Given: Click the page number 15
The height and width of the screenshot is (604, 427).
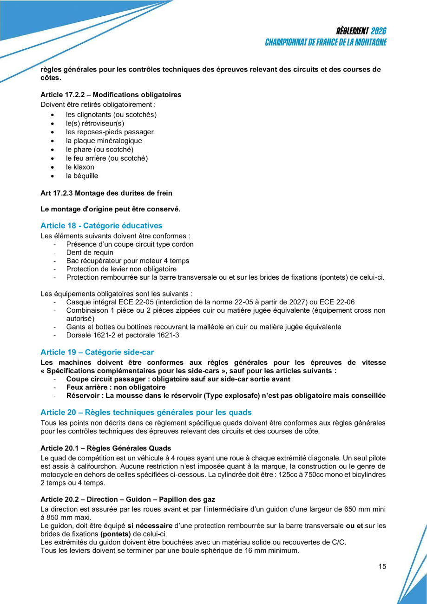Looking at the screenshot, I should coord(382,566).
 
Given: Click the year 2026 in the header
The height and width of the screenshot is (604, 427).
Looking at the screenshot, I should coord(379,31).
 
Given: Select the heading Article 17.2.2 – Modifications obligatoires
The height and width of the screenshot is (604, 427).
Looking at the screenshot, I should coord(111,95).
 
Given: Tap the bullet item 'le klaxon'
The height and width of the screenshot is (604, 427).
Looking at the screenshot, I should coord(80,167).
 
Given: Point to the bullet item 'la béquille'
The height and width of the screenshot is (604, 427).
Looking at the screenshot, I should coord(82,176).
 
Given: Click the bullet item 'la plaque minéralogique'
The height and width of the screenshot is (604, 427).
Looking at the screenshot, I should coord(104,141).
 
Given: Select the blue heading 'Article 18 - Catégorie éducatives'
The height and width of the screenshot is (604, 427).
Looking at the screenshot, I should coord(101,226).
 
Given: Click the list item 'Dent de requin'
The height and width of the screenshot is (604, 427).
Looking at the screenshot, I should coord(90,253).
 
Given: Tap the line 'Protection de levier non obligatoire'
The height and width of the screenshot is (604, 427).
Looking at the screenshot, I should coord(121,269).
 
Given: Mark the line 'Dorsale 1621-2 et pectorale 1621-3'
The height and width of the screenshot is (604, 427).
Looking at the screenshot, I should coord(123,335).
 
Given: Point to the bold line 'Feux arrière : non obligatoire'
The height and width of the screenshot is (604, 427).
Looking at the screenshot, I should coord(116,387).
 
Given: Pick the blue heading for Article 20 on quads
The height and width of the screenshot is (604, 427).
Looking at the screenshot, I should coord(146,412).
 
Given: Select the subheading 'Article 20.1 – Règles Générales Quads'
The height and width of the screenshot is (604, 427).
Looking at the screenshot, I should coord(105,448).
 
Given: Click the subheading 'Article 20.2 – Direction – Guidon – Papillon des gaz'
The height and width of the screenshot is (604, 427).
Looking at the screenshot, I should coord(128,499).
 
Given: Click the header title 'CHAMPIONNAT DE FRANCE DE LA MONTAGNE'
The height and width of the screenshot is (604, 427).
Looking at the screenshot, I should coord(326,42).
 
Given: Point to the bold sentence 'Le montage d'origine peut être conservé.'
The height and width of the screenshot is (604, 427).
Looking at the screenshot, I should coord(110,210).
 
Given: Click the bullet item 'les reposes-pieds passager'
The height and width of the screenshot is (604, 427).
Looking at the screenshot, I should coord(109,132).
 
